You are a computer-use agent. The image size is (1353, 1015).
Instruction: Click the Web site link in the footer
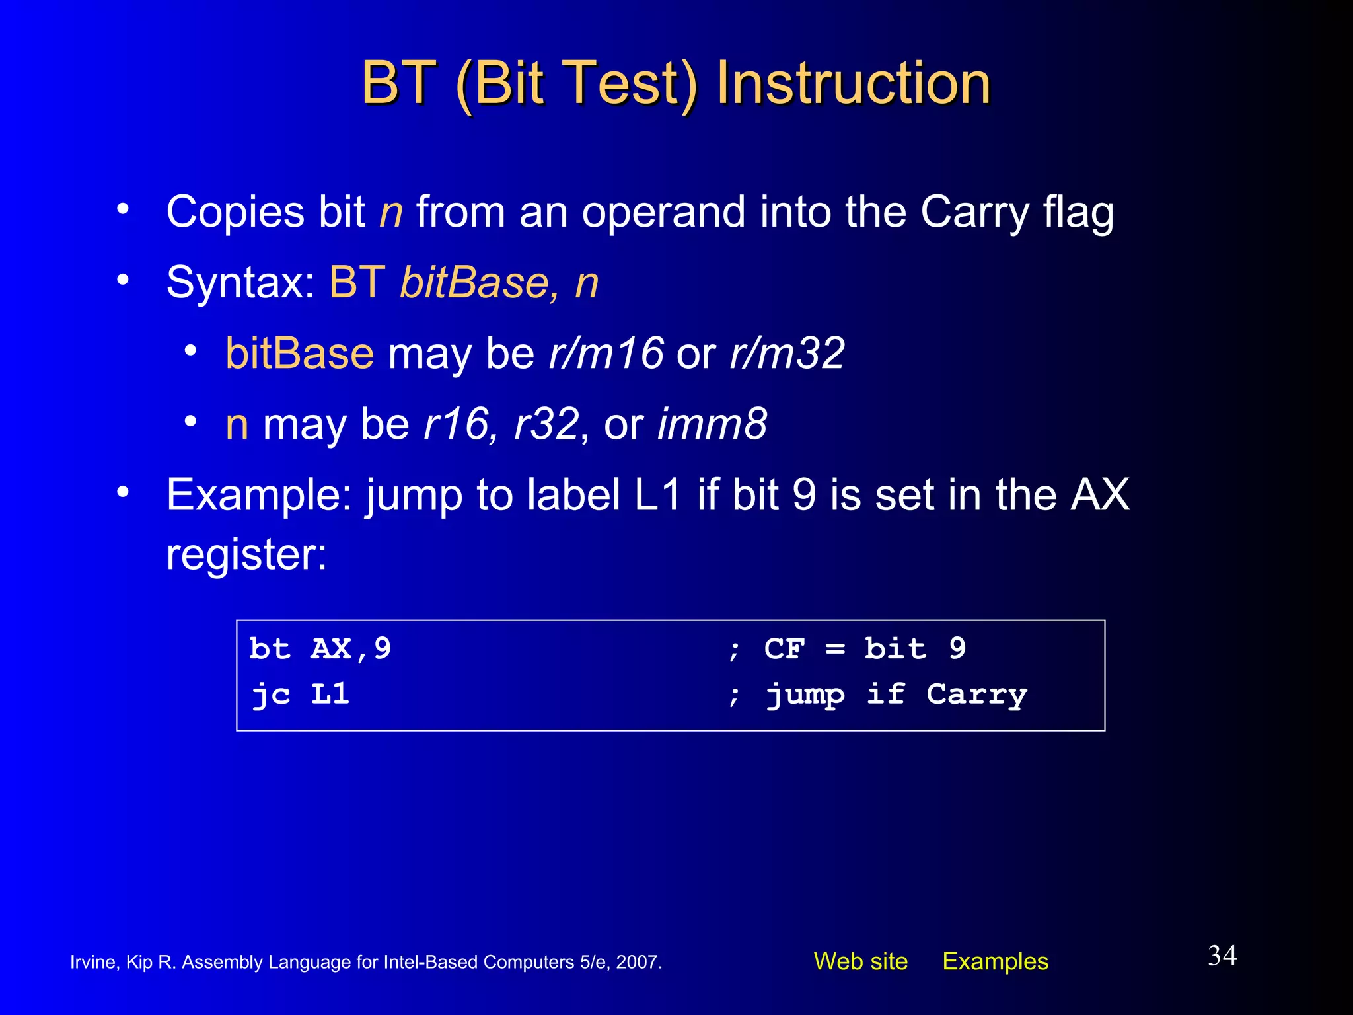click(x=860, y=961)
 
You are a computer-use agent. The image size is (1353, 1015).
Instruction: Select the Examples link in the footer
click(x=995, y=961)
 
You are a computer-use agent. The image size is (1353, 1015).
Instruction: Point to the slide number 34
click(x=1222, y=956)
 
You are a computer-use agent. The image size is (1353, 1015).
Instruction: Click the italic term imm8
click(x=712, y=424)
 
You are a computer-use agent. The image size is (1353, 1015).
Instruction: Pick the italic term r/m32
click(x=787, y=354)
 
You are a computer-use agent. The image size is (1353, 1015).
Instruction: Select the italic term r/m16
click(x=606, y=354)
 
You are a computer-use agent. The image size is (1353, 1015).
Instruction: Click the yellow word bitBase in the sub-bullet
click(x=299, y=354)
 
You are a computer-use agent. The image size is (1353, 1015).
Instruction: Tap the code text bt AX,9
click(x=320, y=649)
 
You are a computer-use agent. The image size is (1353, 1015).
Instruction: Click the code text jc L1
click(x=300, y=695)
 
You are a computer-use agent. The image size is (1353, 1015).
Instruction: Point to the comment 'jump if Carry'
click(x=896, y=695)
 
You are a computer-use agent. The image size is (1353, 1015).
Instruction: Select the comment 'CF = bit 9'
click(x=865, y=649)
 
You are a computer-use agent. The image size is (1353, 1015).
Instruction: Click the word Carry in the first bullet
click(x=974, y=213)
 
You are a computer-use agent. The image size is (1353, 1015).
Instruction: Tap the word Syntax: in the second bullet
click(x=240, y=283)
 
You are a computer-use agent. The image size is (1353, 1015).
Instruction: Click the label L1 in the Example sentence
click(x=657, y=495)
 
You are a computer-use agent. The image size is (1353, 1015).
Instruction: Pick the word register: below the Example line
click(x=246, y=555)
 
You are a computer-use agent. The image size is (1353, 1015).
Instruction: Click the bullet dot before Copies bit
click(x=122, y=209)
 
